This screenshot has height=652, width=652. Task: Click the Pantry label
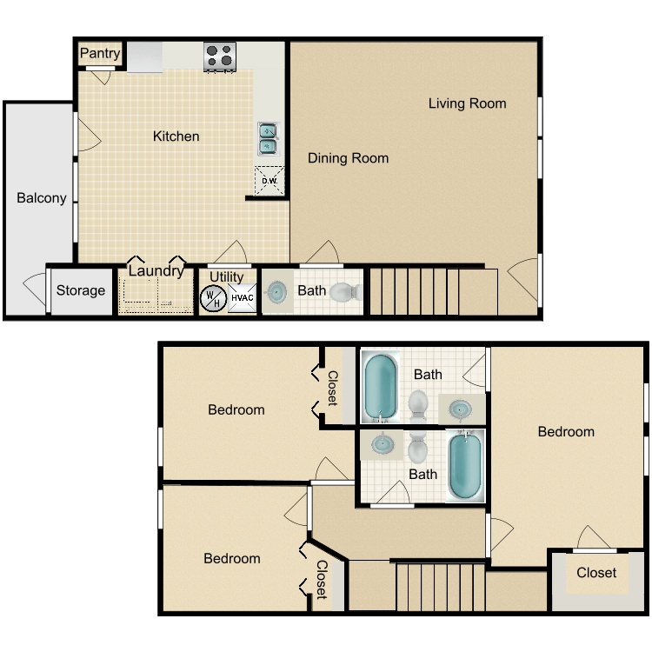tap(100, 54)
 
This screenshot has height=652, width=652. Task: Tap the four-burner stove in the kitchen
tap(220, 57)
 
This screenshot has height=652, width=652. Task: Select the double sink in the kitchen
tap(268, 139)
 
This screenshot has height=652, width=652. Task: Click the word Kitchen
tap(176, 136)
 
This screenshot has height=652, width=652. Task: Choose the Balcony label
tap(42, 198)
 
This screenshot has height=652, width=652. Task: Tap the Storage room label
tap(81, 290)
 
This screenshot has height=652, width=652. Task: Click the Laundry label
tap(156, 271)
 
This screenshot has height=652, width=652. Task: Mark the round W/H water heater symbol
tap(212, 299)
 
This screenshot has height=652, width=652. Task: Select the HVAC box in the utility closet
tap(242, 299)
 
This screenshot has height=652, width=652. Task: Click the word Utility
tap(227, 277)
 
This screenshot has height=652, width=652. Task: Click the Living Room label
tap(467, 103)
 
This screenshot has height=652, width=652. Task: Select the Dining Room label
tap(348, 158)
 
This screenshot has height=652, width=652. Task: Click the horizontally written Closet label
tap(596, 573)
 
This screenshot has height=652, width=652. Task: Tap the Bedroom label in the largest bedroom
tap(566, 432)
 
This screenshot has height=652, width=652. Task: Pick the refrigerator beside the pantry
tap(145, 57)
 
